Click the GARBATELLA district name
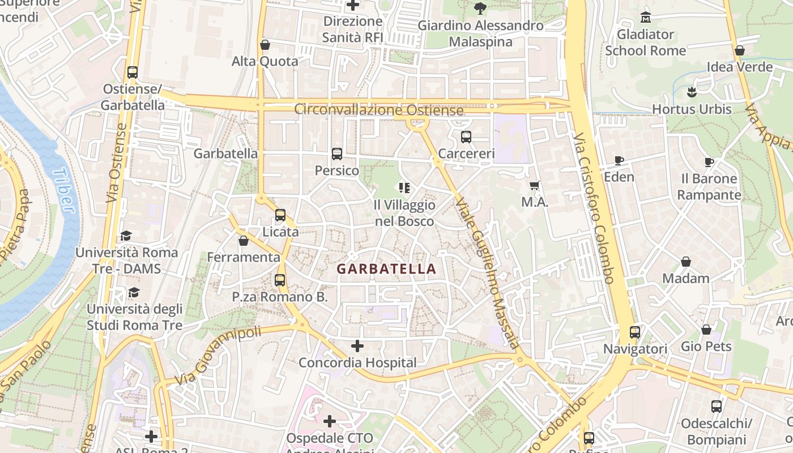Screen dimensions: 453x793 click(387, 269)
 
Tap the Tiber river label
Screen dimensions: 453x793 click(63, 190)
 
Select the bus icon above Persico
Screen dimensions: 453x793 click(337, 153)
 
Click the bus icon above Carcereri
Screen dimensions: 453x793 click(466, 136)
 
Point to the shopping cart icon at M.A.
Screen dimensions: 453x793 click(535, 185)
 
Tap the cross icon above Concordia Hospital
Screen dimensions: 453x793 click(357, 345)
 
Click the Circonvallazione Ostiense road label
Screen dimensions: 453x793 click(378, 110)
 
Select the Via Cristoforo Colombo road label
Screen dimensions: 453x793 click(593, 208)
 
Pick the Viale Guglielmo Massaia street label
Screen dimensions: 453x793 click(488, 272)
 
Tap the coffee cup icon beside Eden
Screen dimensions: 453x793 click(619, 160)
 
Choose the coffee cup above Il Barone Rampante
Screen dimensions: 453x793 click(709, 162)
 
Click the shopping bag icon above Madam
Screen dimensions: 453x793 click(685, 262)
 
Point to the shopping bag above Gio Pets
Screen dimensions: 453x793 click(706, 330)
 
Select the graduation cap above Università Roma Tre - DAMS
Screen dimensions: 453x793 click(126, 236)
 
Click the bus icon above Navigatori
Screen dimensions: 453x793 click(635, 332)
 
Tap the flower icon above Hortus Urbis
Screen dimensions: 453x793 click(692, 92)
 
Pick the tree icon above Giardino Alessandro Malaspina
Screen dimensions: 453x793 click(480, 8)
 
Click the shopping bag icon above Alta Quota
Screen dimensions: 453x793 click(265, 44)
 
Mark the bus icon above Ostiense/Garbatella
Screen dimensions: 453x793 click(133, 72)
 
